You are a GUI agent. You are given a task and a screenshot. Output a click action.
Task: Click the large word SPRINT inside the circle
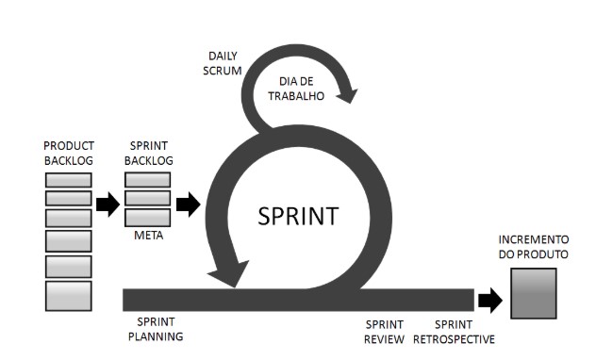pyautogui.click(x=297, y=216)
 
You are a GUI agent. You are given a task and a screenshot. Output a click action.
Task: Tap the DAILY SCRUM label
pyautogui.click(x=223, y=64)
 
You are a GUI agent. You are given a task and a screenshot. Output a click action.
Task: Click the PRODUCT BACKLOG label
pyautogui.click(x=68, y=154)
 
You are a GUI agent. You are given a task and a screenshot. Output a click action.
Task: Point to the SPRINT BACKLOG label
pyautogui.click(x=149, y=154)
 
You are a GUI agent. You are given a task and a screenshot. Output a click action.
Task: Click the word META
pyautogui.click(x=148, y=236)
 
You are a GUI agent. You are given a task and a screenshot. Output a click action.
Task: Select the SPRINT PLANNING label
pyautogui.click(x=155, y=329)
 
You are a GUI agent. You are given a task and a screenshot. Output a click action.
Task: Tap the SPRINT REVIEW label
pyautogui.click(x=385, y=331)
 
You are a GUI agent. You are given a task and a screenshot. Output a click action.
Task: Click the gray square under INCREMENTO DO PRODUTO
pyautogui.click(x=533, y=293)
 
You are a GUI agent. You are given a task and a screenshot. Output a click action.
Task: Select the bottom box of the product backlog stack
pyautogui.click(x=69, y=295)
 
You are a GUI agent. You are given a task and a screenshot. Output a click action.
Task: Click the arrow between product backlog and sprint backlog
pyautogui.click(x=108, y=205)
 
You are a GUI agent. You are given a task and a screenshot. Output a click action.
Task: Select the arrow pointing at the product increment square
pyautogui.click(x=490, y=300)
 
